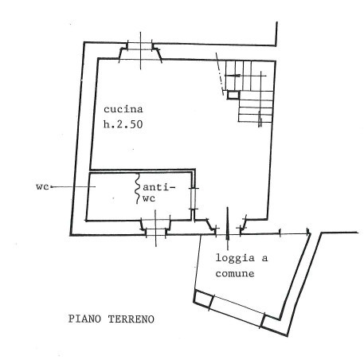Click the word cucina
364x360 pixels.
click(123, 109)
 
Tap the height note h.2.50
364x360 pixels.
click(123, 124)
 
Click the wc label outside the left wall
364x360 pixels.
click(42, 186)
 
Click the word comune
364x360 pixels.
click(235, 274)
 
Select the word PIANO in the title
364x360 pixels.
click(84, 319)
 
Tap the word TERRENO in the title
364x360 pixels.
click(131, 319)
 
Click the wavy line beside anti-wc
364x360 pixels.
click(137, 189)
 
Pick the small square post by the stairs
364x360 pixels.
click(233, 95)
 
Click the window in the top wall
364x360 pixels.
click(140, 50)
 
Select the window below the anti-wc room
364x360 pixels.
click(155, 229)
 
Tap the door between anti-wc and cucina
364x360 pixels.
click(194, 198)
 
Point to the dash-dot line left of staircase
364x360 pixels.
click(220, 74)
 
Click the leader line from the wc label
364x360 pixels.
click(73, 186)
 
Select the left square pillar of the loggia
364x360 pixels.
click(203, 299)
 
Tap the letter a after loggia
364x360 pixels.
click(264, 258)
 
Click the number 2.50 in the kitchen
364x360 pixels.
click(130, 124)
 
